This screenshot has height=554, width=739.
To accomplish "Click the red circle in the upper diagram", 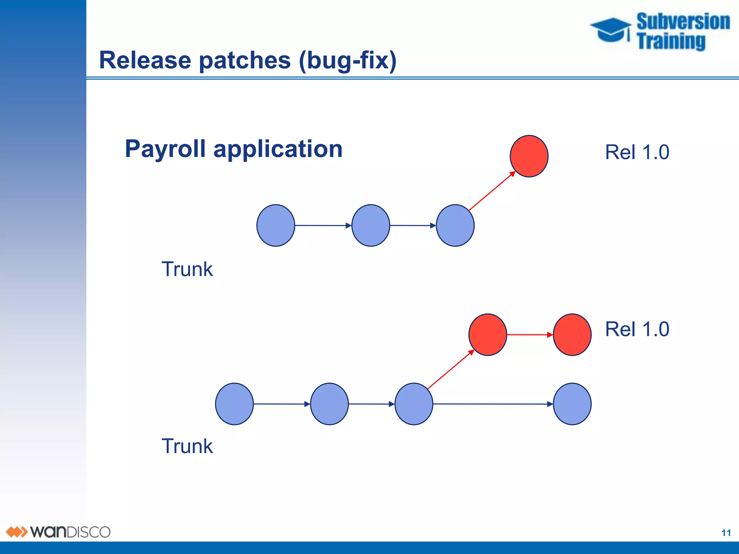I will [x=529, y=156].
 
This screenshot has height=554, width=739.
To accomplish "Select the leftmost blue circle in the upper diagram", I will [x=276, y=225].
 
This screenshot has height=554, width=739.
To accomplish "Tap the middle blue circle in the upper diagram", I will [x=371, y=225].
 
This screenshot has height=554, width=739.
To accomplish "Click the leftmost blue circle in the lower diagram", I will [x=234, y=404].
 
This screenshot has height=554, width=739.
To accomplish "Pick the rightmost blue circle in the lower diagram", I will [x=572, y=404].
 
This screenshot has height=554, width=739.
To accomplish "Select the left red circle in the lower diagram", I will [x=487, y=334].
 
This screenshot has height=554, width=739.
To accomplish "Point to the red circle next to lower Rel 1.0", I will [x=572, y=334].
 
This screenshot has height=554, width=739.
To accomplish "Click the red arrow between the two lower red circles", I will [x=530, y=335].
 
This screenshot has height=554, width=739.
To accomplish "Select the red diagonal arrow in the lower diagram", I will [x=450, y=369].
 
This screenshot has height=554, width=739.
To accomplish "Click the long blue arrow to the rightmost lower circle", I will [x=493, y=404].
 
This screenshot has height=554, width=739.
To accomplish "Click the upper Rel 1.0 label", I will [x=637, y=152].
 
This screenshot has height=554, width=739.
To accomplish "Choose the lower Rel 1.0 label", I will [x=637, y=329].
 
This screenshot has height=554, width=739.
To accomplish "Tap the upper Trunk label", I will [x=187, y=269].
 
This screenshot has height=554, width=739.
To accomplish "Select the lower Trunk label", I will [x=187, y=446].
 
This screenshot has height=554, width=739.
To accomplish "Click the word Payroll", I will [x=165, y=149].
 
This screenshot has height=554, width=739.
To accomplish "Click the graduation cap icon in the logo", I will [x=611, y=30].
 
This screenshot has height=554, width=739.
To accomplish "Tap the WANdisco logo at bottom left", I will [x=58, y=532].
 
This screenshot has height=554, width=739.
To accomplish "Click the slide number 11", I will [x=726, y=533].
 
